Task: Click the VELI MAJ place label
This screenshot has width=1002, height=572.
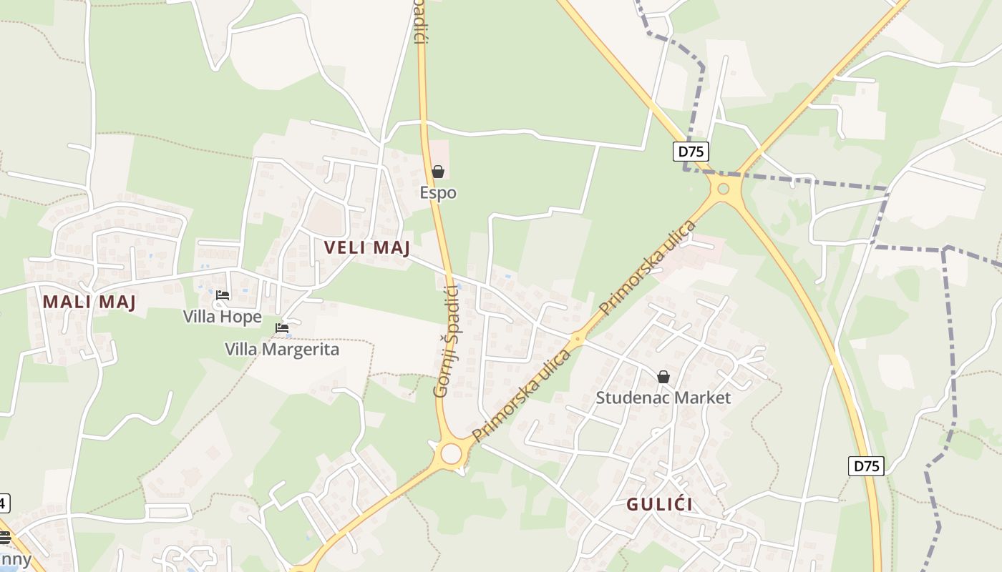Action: (367, 248)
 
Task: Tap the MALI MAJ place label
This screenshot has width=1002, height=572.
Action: (89, 302)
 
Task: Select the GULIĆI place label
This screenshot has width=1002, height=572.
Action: (659, 504)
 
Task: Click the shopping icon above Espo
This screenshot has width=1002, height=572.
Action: (437, 172)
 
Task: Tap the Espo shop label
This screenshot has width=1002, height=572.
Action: (438, 193)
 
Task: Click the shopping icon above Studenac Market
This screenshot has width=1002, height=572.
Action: (663, 377)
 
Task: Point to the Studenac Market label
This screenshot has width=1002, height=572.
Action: (663, 398)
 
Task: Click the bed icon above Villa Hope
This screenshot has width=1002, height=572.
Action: (223, 295)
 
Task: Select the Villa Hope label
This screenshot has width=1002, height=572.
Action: (223, 316)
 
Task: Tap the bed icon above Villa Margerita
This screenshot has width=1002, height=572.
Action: (282, 328)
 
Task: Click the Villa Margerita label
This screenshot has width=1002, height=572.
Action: (282, 349)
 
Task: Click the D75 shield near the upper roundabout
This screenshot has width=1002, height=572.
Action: (691, 152)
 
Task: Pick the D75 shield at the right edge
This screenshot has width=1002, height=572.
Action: (867, 466)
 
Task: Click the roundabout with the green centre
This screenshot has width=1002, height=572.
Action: (723, 189)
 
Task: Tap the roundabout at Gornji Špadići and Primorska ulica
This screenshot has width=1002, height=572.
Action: (451, 454)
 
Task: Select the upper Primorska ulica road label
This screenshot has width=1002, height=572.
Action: (648, 268)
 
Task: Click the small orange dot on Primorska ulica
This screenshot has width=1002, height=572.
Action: (578, 340)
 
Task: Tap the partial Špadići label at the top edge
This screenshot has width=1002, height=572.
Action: (421, 21)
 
